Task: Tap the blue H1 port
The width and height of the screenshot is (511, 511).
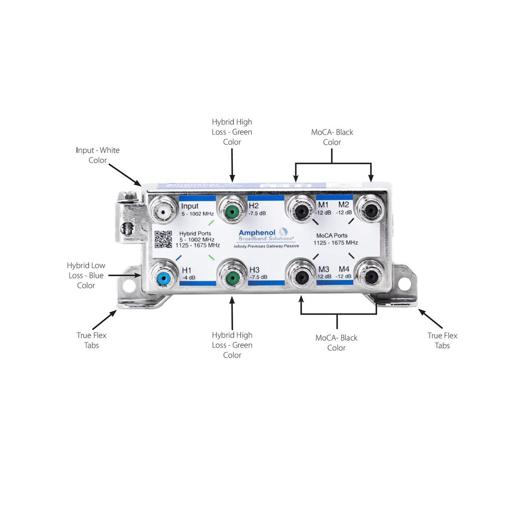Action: pos(163,278)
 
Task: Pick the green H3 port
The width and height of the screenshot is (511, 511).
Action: pos(232,278)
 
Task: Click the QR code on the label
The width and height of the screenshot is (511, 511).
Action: pos(163,239)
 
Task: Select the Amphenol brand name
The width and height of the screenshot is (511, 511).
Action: pos(257,233)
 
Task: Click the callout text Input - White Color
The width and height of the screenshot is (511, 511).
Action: pos(98,155)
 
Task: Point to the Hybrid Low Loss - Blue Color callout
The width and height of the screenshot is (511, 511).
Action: pos(86,276)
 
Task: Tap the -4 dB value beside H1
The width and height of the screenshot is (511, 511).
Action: pos(189,278)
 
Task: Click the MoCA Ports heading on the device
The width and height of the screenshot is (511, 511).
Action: pos(332,235)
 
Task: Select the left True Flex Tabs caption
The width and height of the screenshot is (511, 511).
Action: pos(92,340)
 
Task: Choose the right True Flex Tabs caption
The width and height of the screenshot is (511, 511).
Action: pos(442,341)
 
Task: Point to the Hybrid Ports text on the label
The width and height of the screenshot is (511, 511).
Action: pos(195,233)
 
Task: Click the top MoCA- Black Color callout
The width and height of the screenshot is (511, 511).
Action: pos(332,137)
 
